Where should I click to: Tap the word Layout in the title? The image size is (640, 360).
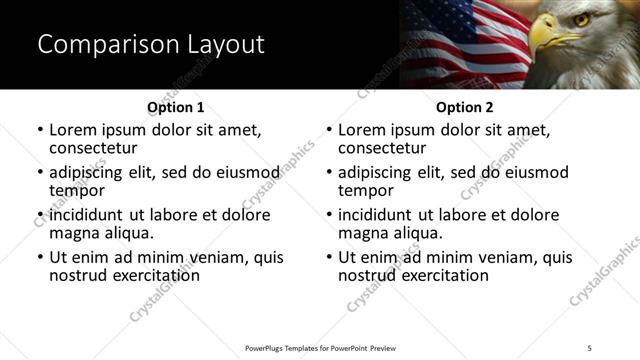(x=222, y=45)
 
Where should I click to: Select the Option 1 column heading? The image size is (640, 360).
(x=176, y=107)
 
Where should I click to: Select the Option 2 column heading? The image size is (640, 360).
(x=464, y=107)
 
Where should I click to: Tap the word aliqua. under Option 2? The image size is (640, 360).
(x=426, y=233)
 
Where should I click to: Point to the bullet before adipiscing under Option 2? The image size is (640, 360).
(x=329, y=173)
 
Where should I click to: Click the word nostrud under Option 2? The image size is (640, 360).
(x=369, y=275)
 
